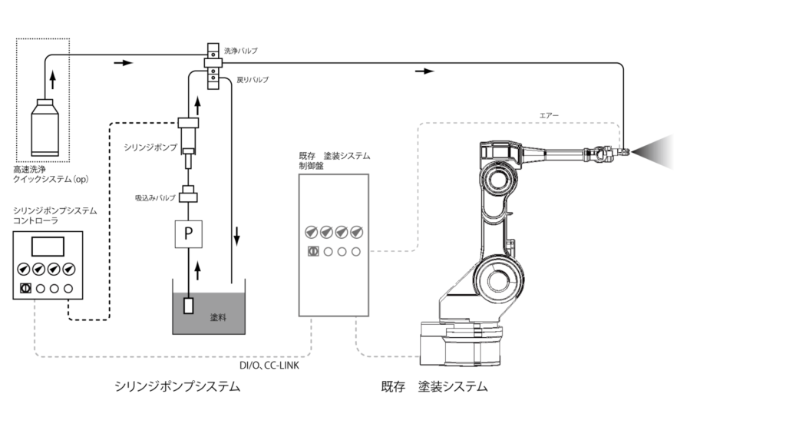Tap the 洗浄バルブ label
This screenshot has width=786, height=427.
[240, 51]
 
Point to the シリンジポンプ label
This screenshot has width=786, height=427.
[150, 146]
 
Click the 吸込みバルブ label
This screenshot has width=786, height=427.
[155, 198]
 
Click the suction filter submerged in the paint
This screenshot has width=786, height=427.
[188, 305]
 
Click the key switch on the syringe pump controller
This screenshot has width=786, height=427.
[24, 289]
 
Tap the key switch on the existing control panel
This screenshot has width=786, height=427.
[312, 251]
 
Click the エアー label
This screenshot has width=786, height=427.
[550, 115]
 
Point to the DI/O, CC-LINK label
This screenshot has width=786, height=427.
[269, 366]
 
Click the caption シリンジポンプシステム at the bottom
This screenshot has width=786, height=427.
[177, 387]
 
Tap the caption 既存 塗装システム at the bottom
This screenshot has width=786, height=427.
[434, 387]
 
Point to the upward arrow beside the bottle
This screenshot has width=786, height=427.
[53, 80]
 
